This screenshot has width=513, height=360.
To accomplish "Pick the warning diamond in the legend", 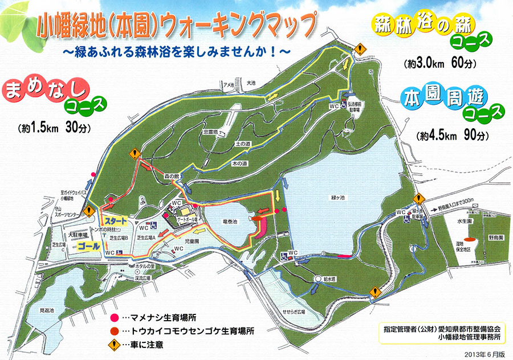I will point(114,345).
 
